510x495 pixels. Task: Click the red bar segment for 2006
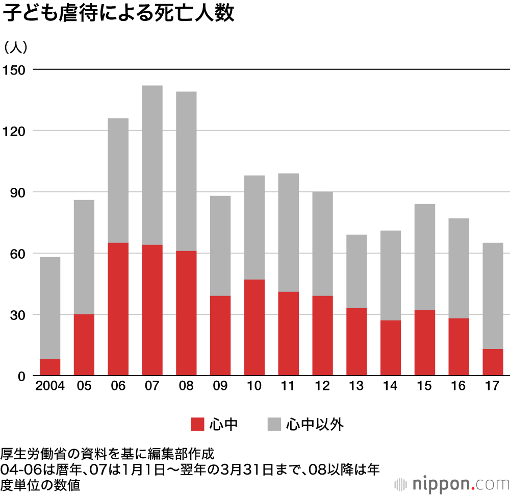click(118, 309)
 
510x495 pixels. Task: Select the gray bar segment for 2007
click(152, 165)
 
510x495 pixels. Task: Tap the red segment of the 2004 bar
click(50, 367)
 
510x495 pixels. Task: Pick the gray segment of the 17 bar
click(493, 296)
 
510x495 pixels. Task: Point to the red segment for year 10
click(254, 327)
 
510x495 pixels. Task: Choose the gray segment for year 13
click(356, 271)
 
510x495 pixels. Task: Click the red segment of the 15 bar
click(425, 342)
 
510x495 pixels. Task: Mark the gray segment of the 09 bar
click(220, 245)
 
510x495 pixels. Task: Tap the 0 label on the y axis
click(21, 376)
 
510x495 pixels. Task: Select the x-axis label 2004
click(50, 386)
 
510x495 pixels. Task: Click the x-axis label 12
click(322, 386)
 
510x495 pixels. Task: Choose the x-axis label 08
click(186, 386)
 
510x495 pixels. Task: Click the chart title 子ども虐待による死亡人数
click(118, 14)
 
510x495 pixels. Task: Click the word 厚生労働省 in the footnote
click(28, 454)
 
